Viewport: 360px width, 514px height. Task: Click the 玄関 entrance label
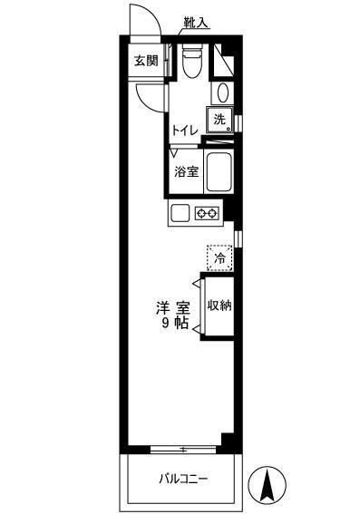tap(146, 62)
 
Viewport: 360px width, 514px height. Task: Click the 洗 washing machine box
tap(220, 118)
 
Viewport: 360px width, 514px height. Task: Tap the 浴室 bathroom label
tap(186, 171)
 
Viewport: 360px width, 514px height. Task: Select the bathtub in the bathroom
tap(220, 170)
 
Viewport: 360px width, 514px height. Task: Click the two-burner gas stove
tap(207, 214)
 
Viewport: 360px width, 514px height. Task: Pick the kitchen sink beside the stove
tap(180, 214)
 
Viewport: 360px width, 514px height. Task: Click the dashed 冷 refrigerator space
tap(220, 258)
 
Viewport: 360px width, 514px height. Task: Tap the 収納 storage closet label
tap(219, 305)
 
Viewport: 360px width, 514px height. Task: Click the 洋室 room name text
tap(172, 307)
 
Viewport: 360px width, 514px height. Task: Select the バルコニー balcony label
tap(185, 478)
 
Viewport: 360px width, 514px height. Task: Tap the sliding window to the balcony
tap(184, 449)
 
